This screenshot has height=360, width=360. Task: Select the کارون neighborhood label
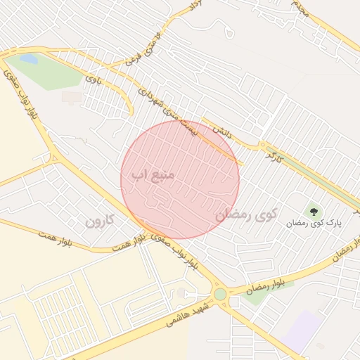(x=99, y=221)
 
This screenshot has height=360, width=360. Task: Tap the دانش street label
(x=222, y=132)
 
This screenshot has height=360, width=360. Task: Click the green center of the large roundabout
(x=220, y=294)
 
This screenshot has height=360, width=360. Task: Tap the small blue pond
(x=29, y=59)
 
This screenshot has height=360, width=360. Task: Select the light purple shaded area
(x=302, y=330)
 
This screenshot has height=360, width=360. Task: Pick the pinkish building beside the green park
(x=71, y=96)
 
